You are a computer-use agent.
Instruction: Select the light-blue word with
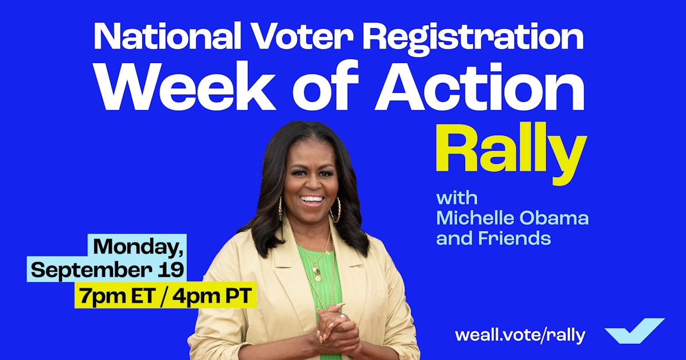(457, 198)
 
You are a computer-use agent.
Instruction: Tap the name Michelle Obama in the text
(512, 218)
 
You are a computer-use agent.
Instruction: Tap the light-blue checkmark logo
(634, 331)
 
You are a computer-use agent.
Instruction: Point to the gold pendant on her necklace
(317, 277)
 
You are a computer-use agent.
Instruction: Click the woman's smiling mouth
(312, 200)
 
